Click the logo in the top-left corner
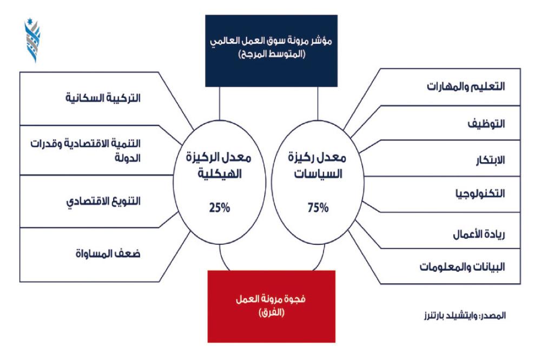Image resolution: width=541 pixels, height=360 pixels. tap(33, 41)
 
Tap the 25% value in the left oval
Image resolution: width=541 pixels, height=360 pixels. tap(220, 208)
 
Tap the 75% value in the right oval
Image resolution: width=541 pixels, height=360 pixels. tap(318, 208)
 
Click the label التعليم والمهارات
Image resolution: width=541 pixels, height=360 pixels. tap(466, 86)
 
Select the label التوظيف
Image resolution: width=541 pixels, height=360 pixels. tap(486, 124)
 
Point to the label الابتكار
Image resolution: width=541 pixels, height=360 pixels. tap(490, 160)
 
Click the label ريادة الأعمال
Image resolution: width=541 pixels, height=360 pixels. tap(479, 235)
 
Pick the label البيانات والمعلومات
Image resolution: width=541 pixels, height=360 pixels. tap(463, 266)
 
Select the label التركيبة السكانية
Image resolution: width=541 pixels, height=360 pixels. tap(103, 98)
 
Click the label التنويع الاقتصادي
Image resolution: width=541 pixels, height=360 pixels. tap(103, 202)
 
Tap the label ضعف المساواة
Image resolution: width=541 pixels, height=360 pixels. tap(108, 254)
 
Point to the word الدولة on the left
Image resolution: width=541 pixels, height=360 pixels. tap(128, 158)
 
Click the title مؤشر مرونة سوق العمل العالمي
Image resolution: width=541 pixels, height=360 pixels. tap(271, 41)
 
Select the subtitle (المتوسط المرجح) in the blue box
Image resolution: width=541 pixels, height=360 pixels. tap(272, 54)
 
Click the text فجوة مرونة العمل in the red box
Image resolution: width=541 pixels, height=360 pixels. tap(271, 299)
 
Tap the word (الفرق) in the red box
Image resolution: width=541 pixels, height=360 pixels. tap(272, 312)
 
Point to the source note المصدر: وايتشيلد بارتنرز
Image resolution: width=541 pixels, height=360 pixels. tap(465, 316)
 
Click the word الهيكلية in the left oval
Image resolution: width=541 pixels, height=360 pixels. tap(220, 174)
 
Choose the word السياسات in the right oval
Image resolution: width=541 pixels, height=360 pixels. tap(318, 174)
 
